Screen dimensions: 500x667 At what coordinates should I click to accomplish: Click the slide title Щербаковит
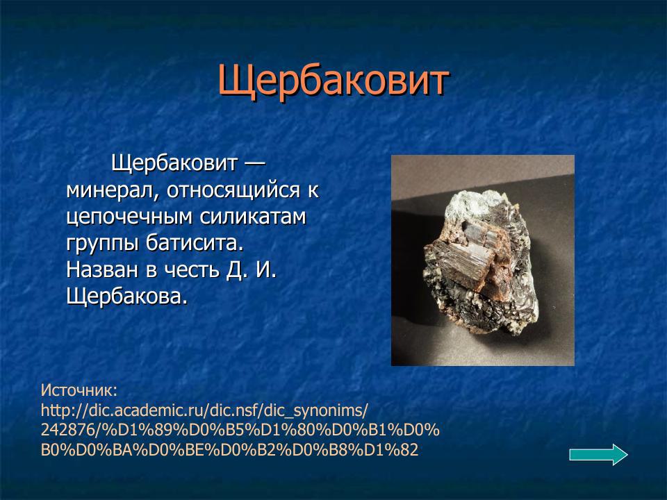pos(333,82)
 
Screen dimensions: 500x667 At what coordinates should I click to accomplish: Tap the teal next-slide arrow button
pos(598,454)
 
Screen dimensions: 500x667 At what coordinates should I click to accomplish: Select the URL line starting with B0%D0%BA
pos(229,450)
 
